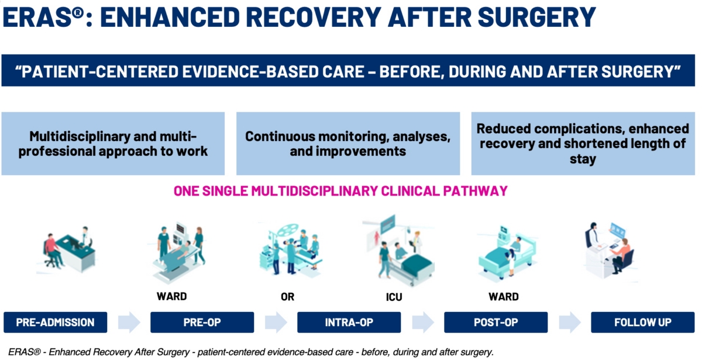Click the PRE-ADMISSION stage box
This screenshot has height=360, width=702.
pos(55,322)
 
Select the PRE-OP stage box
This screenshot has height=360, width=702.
pos(202,322)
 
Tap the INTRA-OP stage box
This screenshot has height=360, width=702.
pos(349,322)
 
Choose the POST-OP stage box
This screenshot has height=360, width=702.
pos(496,322)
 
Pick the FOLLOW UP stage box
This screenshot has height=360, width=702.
pos(643,322)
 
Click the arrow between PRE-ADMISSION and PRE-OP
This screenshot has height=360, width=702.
pos(129,322)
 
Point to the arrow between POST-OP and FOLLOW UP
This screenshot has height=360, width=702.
pos(569,322)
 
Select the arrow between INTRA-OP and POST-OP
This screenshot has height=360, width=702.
pos(423,322)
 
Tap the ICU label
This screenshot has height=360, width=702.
pos(394,297)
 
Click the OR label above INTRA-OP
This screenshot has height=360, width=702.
pos(287,297)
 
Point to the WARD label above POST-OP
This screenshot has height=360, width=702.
pos(504,296)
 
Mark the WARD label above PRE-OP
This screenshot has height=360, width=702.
pos(172,296)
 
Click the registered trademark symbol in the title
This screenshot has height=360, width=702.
pos(77,13)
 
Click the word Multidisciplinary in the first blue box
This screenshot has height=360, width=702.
pos(80,136)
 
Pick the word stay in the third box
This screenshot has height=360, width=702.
pos(583,159)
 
